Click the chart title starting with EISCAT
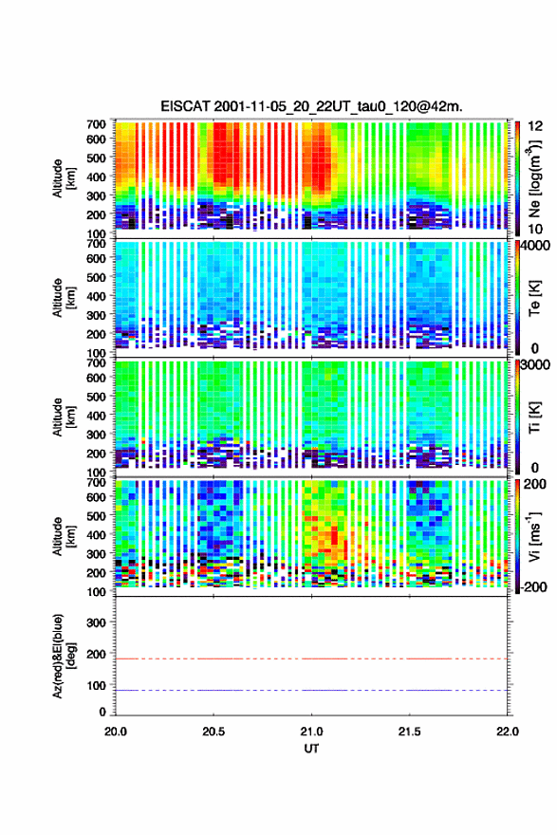[311, 106]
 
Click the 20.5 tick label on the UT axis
[214, 732]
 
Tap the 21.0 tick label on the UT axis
[311, 732]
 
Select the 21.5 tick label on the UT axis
[410, 732]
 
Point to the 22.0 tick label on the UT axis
[508, 732]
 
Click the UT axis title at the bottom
[311, 749]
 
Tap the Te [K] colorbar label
[534, 298]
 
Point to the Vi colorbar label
[534, 536]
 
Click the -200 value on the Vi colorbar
[531, 586]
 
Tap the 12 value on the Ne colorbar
[536, 126]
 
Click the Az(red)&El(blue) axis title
[64, 656]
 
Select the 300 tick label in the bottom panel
[97, 622]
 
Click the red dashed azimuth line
[311, 659]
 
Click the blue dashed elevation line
[311, 690]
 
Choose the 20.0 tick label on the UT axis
[116, 732]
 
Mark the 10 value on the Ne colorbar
[536, 230]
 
